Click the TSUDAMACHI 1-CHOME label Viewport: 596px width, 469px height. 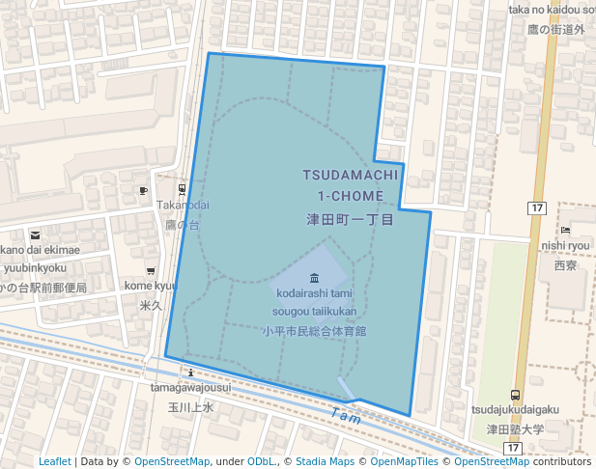(349, 185)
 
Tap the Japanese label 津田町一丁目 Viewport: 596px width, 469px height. (349, 220)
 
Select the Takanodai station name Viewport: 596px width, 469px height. (183, 206)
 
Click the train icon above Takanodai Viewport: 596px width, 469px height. (183, 189)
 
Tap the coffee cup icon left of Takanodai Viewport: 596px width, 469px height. (144, 190)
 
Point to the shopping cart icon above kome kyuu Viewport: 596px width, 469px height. (150, 270)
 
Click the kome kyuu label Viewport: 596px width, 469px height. (151, 286)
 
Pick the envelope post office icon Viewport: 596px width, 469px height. (36, 234)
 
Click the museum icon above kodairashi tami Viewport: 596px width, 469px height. (314, 278)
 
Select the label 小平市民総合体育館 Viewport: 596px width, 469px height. (314, 330)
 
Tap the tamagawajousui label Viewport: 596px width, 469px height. (190, 388)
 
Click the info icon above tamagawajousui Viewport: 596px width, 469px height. (191, 372)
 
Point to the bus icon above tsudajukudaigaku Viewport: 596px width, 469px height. (515, 394)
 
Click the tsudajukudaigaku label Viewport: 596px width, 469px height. (515, 410)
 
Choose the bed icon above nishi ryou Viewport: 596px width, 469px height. (565, 230)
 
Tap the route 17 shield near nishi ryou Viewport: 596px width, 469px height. (537, 208)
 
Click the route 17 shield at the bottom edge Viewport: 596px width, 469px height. (512, 449)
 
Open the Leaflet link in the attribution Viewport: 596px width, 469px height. (55, 461)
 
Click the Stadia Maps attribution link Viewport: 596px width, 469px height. (325, 461)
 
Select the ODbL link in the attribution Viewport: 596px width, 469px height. (262, 461)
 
